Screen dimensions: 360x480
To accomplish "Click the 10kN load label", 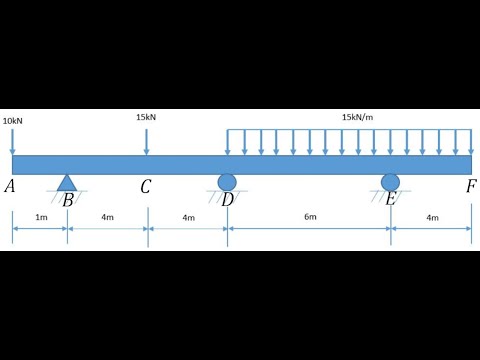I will coord(13,120).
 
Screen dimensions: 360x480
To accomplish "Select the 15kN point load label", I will coord(146,117).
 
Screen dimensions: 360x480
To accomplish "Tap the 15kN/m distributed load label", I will coord(358,117).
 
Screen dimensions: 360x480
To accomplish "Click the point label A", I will coord(10,186).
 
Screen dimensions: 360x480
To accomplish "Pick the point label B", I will coord(68,199).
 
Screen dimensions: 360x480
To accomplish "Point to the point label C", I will coord(146,186).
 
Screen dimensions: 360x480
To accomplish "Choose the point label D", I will coord(228,199).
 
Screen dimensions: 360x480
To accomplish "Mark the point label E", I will coord(390,199).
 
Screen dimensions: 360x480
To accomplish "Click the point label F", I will coord(471,186).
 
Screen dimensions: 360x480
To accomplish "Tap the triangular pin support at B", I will coord(67,181).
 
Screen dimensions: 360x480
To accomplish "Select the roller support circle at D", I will coord(227,181).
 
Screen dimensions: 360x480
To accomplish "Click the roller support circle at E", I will coord(390,181).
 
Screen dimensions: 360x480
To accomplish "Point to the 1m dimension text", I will coord(40,217).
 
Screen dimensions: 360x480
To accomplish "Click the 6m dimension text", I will coord(309,217).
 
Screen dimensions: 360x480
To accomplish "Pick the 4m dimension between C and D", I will coord(187,217).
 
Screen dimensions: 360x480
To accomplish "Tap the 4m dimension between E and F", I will coord(431,217).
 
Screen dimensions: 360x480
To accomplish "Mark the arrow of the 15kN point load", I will coord(146,140).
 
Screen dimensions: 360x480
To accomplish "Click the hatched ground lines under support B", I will coord(67,192).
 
